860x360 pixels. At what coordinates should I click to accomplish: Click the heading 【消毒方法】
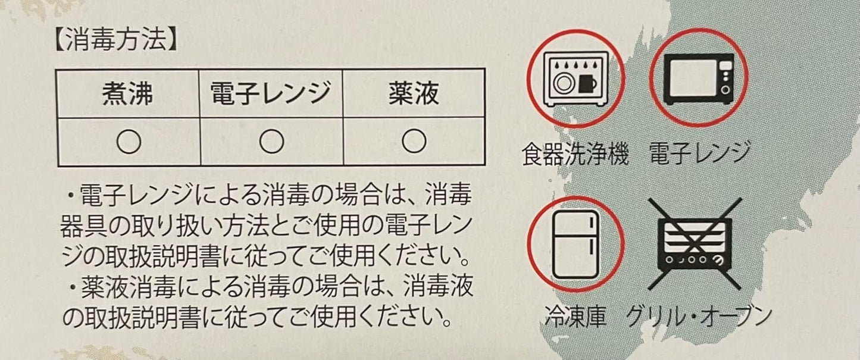click(116, 39)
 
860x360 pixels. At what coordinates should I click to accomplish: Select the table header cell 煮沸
click(128, 93)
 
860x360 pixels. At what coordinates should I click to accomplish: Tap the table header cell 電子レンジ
click(271, 93)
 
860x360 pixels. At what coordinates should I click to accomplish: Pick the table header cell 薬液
click(414, 93)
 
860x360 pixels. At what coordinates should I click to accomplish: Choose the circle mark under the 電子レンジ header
click(271, 141)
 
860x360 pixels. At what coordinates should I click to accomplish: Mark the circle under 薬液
click(414, 141)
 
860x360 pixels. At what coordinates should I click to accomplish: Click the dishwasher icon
click(576, 79)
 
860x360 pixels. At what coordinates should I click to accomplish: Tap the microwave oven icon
click(699, 79)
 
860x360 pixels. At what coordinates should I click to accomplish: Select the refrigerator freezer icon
click(576, 244)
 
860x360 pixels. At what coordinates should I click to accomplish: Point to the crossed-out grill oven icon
click(695, 244)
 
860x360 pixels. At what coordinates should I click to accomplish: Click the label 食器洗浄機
click(575, 154)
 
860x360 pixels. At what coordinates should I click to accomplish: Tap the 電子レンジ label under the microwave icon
click(699, 153)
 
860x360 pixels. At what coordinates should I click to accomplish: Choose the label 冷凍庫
click(576, 317)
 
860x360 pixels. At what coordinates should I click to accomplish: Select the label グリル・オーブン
click(699, 317)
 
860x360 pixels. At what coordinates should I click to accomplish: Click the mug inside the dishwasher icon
click(588, 83)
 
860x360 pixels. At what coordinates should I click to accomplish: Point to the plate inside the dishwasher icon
click(564, 83)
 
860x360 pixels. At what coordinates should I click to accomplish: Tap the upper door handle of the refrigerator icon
click(592, 223)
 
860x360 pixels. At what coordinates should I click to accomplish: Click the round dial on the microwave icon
click(725, 90)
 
